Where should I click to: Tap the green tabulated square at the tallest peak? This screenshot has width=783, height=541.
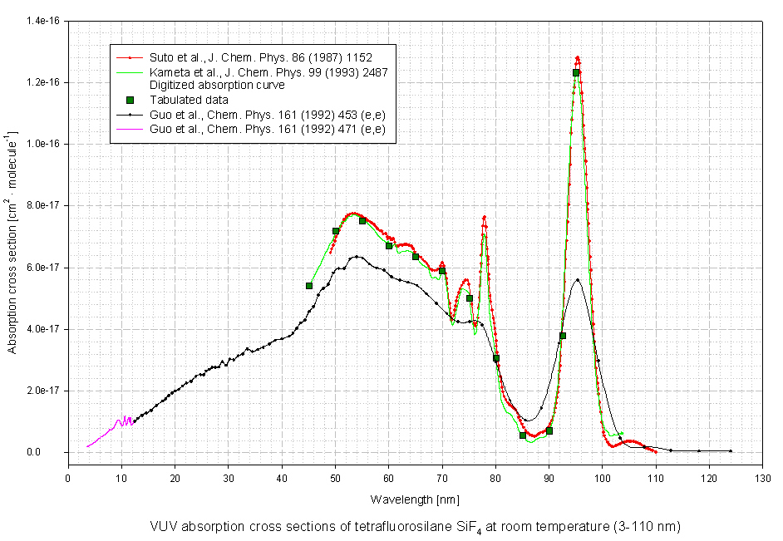click(576, 73)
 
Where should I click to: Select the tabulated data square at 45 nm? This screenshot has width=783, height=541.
click(309, 286)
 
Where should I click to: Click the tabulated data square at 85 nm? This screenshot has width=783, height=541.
click(523, 435)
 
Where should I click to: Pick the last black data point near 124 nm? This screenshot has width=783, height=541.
click(731, 451)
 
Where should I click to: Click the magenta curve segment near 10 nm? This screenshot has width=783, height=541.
click(122, 421)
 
